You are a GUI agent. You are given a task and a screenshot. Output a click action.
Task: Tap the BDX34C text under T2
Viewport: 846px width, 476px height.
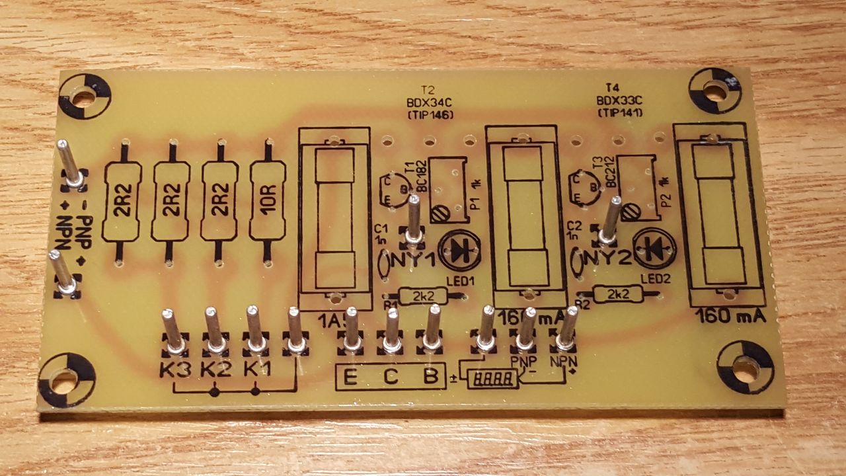430,102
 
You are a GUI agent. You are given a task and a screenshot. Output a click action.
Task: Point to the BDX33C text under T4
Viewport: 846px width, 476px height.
619,100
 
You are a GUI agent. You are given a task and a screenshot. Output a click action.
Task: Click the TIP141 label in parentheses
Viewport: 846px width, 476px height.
619,112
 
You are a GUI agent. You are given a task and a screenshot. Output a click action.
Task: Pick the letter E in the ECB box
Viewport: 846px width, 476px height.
351,378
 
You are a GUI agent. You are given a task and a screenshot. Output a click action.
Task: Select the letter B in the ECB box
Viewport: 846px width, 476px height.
430,377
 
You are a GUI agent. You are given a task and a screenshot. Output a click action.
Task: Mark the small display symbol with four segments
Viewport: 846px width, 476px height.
492,379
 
